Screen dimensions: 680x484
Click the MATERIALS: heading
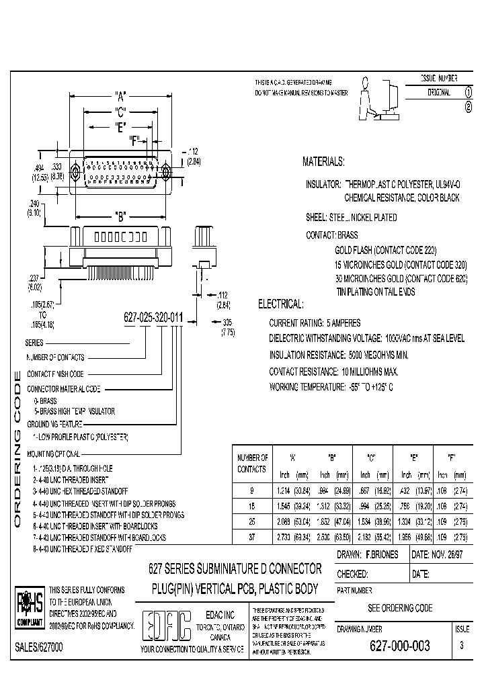pos(323,162)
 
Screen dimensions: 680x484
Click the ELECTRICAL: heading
pos(281,304)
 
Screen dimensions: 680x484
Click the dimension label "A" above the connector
pos(121,95)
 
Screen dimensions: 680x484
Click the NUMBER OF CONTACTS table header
pos(252,463)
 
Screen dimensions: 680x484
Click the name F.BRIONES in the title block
pos(382,554)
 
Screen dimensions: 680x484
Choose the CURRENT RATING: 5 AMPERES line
pos(315,323)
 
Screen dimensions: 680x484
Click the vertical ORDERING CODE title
pos(18,450)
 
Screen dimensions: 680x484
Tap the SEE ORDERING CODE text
pos(400,607)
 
